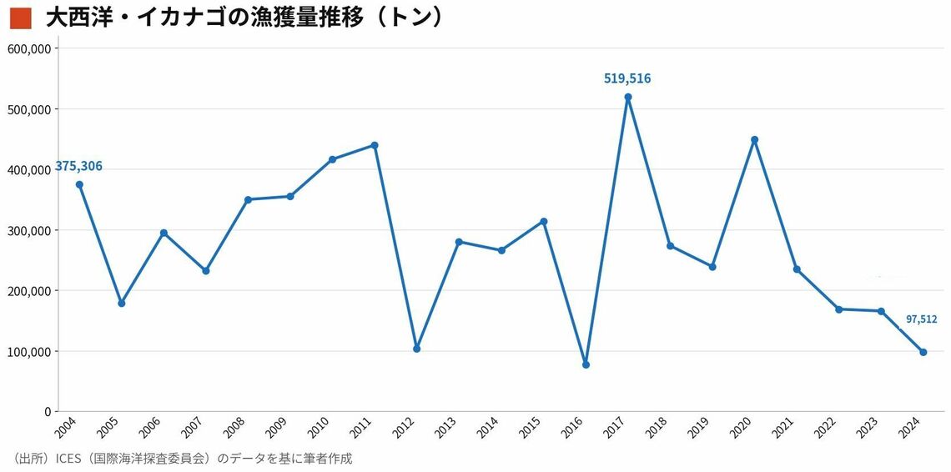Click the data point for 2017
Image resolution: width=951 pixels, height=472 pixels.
point(628,97)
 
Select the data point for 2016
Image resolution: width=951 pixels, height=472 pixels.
point(586,364)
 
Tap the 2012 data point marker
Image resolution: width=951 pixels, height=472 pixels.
point(416,349)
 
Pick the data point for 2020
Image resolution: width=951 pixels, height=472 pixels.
point(754,140)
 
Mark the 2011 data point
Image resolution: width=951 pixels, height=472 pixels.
point(375,145)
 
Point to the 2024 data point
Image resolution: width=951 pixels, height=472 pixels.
point(923,352)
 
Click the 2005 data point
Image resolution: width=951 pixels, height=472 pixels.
point(122,304)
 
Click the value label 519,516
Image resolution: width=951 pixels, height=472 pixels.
point(627,78)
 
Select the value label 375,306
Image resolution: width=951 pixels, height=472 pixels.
point(79,166)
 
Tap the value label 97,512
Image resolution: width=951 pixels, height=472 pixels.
point(921,319)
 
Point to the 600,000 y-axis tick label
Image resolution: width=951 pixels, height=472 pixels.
point(30,48)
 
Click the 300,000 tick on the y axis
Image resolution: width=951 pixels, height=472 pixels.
point(30,230)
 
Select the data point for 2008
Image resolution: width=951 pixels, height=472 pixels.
point(248,199)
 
